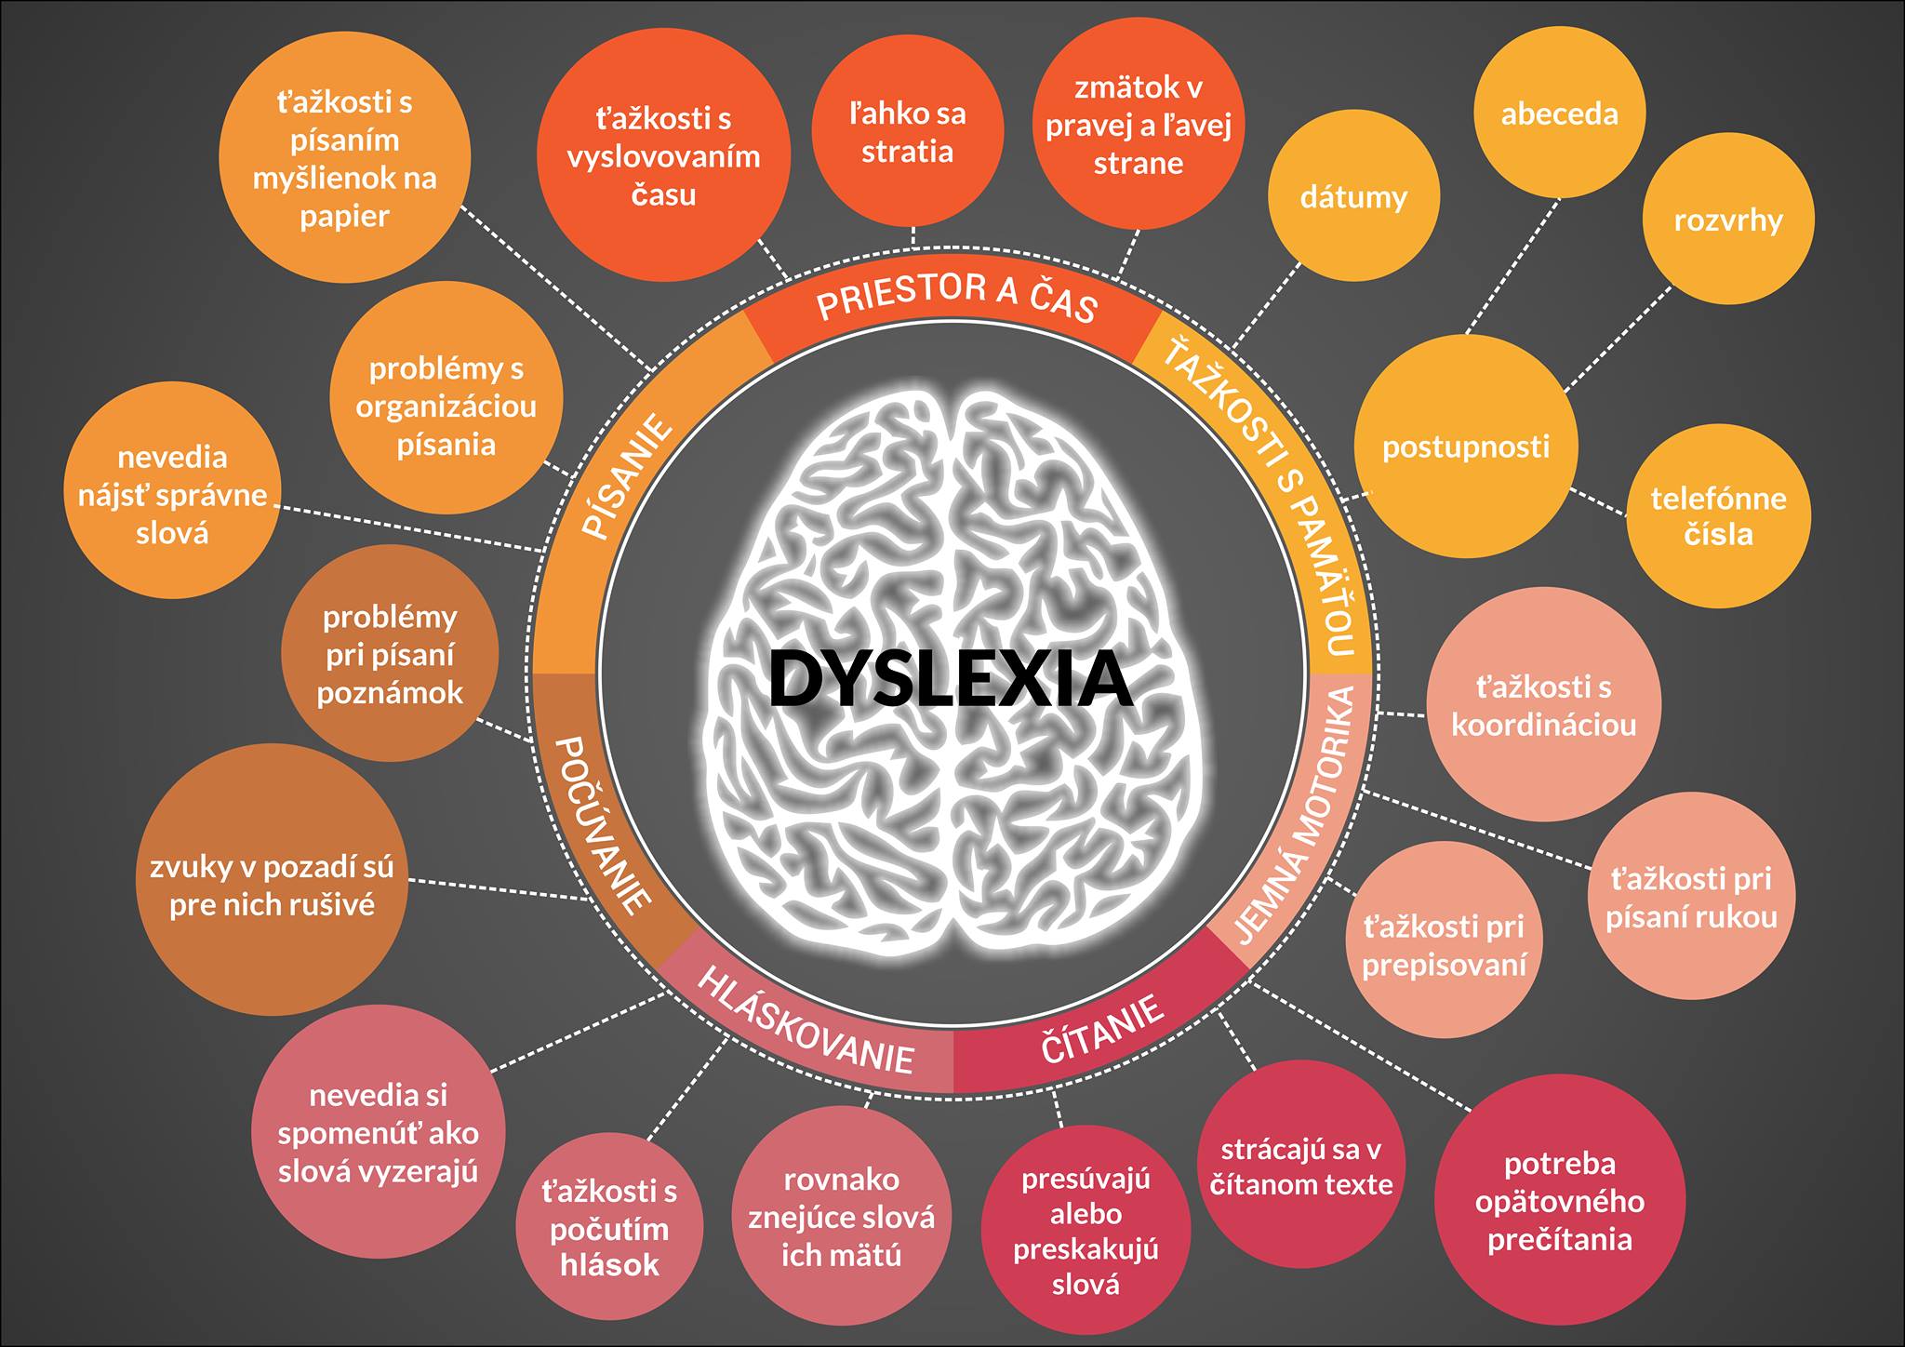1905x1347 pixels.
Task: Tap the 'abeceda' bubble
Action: coord(1559,113)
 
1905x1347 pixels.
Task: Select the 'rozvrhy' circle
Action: coord(1727,220)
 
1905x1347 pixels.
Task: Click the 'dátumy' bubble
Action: coord(1353,197)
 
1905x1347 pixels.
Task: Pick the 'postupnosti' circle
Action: coord(1466,447)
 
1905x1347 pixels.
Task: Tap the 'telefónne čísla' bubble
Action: coord(1718,516)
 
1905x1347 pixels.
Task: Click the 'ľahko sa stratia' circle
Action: coord(907,132)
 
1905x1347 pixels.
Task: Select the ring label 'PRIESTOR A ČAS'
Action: coord(957,298)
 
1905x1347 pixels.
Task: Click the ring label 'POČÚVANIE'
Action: coord(601,824)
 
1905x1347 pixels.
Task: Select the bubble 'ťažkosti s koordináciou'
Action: coord(1543,705)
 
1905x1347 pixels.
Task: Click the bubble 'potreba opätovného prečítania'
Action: coord(1559,1201)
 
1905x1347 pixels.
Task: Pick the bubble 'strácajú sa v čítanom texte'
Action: coord(1300,1167)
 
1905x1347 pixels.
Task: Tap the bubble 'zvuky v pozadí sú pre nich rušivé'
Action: coord(272,886)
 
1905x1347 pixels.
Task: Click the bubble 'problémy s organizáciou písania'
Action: coord(446,407)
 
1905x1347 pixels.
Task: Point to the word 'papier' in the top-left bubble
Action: coord(344,217)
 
